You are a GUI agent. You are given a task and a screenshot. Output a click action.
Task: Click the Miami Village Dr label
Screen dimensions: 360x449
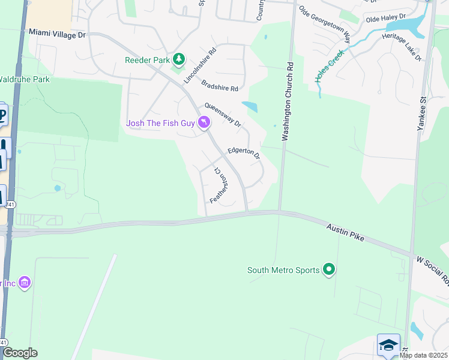57,35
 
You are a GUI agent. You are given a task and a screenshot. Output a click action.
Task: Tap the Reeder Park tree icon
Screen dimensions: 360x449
178,59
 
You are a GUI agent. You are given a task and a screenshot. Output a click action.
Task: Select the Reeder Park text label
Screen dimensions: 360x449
147,59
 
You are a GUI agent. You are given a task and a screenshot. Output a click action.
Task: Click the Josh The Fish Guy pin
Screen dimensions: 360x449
205,123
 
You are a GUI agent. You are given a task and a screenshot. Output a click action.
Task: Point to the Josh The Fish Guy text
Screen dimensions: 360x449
160,124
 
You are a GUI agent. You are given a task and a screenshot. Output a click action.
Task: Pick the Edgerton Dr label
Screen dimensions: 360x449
244,154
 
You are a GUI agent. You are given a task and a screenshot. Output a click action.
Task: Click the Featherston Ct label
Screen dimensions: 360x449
220,185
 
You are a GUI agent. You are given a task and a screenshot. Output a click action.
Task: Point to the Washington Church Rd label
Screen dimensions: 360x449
289,100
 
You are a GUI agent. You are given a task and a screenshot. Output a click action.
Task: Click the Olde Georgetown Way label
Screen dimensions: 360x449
325,25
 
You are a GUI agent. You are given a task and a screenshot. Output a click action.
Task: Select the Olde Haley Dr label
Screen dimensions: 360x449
386,19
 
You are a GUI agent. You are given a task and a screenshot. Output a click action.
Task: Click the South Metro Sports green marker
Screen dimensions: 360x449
328,270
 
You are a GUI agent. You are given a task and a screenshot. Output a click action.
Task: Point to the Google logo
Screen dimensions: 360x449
20,353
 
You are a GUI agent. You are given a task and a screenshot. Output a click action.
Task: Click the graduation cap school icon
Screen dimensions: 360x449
388,345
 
